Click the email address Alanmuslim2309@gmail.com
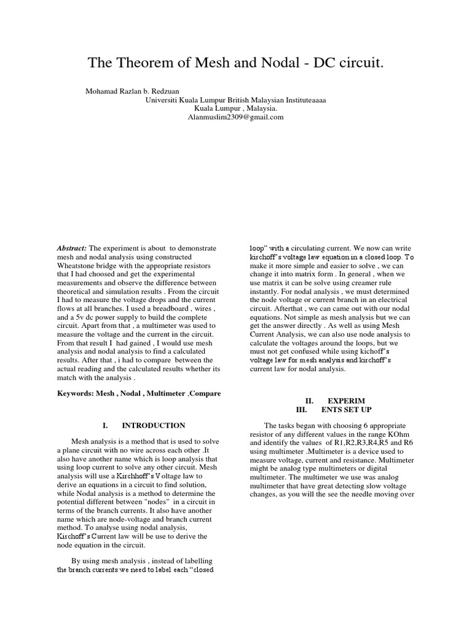point(236,117)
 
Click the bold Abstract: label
point(73,247)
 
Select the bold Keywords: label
point(75,393)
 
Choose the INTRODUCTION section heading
point(153,425)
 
